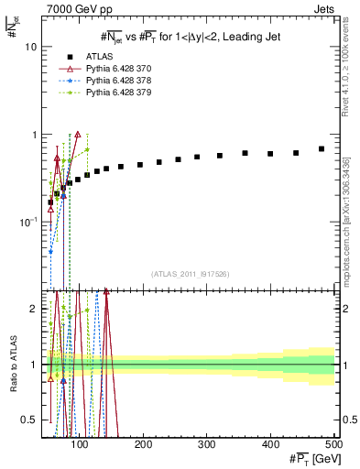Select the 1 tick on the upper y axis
36,135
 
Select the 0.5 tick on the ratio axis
31,420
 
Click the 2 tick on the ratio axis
36,309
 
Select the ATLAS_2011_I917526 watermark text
191,274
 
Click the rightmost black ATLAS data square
322,148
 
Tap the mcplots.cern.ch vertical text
349,220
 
